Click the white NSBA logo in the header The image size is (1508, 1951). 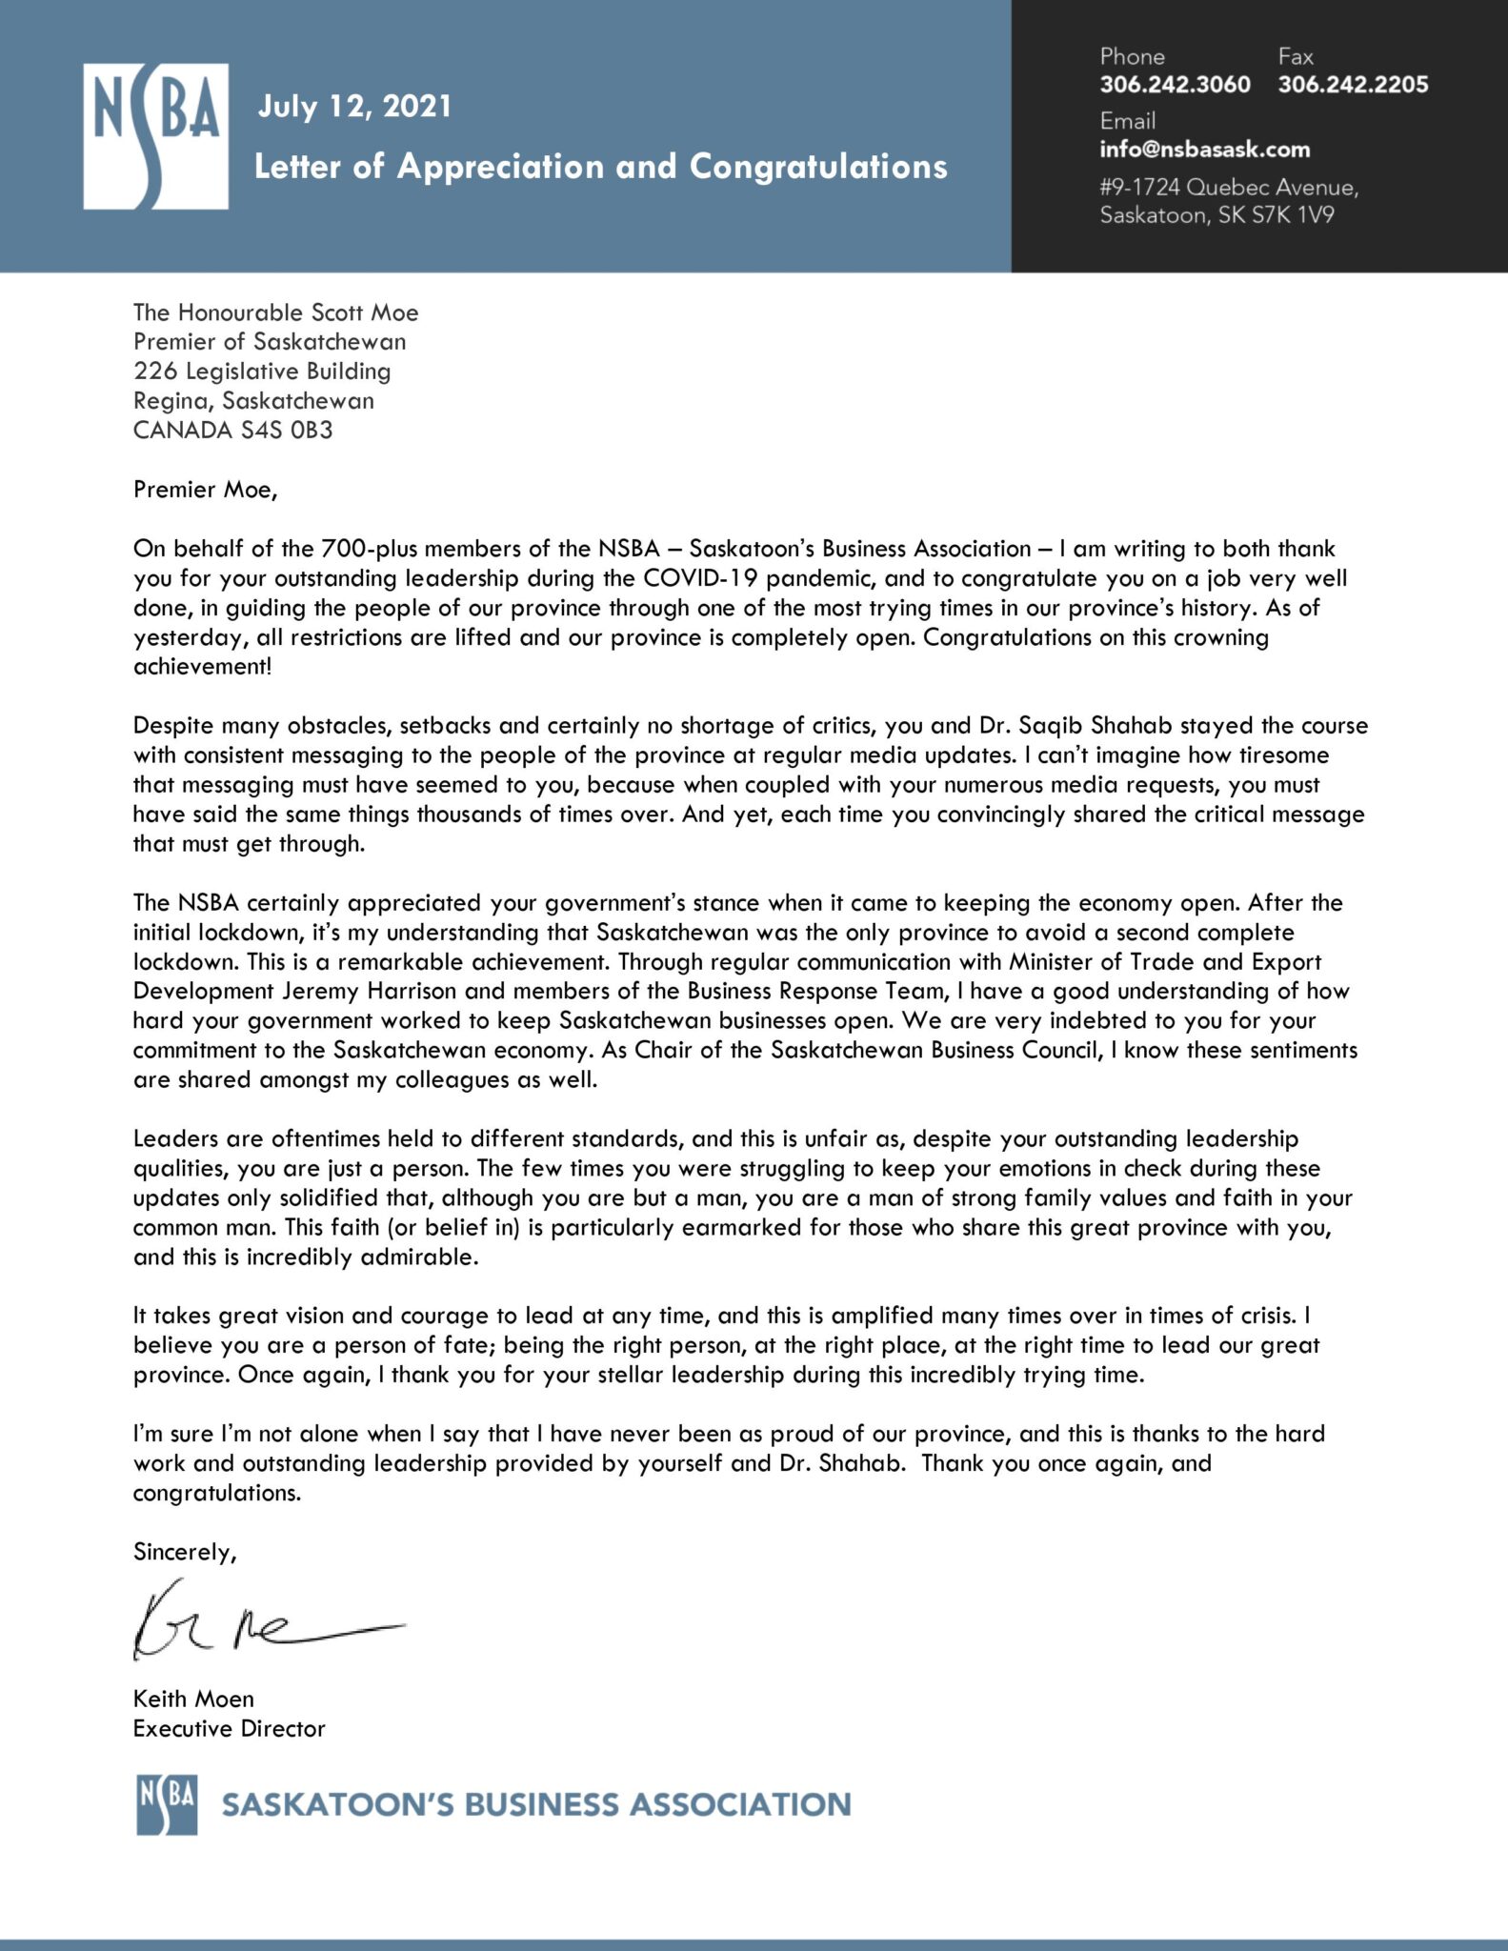click(x=155, y=136)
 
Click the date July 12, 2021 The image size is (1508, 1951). click(x=354, y=106)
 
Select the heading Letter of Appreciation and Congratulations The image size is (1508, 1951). click(x=600, y=167)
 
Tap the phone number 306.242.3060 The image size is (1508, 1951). click(x=1175, y=85)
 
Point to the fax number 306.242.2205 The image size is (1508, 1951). click(x=1353, y=85)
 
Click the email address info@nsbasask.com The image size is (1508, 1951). click(x=1204, y=150)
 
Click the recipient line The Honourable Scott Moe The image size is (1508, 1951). click(x=275, y=312)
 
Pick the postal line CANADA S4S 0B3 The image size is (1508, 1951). click(x=232, y=430)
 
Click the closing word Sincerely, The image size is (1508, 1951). click(x=184, y=1552)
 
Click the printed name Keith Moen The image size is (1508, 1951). click(x=193, y=1699)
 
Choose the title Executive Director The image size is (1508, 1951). click(x=229, y=1728)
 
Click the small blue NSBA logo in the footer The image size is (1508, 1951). click(x=167, y=1804)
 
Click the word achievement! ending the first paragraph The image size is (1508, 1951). click(x=202, y=666)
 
